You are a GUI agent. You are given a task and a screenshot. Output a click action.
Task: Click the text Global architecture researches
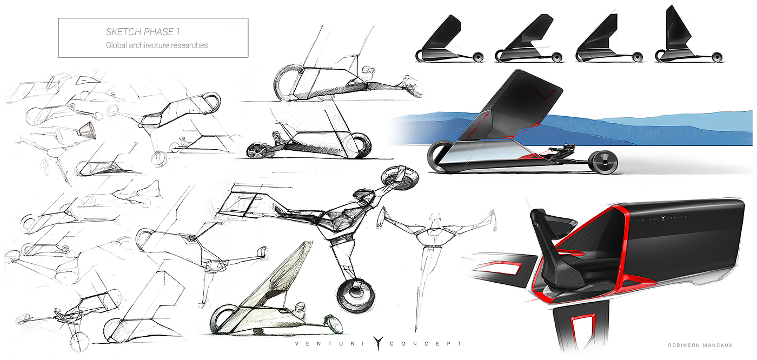(x=157, y=45)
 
